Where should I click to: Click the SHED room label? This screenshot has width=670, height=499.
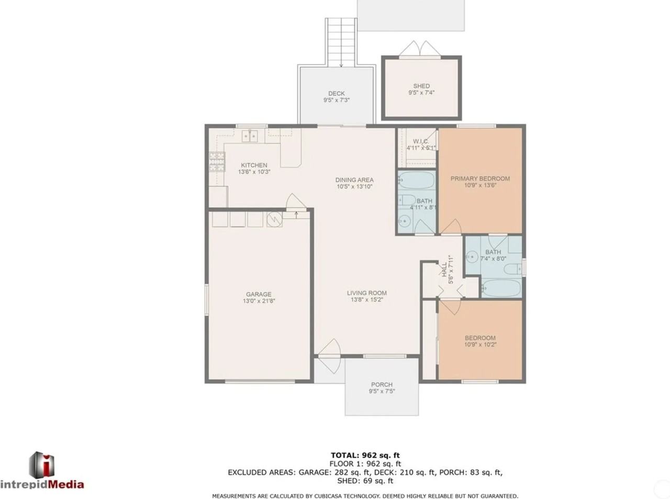click(421, 86)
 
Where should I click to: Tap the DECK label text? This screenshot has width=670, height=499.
click(336, 94)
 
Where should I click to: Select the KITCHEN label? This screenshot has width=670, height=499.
click(254, 165)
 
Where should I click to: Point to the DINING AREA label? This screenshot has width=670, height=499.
click(354, 180)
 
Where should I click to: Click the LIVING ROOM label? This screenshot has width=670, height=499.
click(367, 293)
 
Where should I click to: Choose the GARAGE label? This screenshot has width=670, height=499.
click(259, 294)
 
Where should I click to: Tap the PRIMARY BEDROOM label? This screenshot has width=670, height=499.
click(481, 179)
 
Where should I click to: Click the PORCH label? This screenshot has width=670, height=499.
click(382, 384)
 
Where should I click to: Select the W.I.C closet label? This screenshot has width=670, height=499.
click(420, 141)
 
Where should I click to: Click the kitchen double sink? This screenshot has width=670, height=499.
click(250, 136)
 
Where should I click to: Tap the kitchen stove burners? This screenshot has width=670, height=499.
click(217, 162)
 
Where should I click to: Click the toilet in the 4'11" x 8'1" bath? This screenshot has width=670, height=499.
click(407, 200)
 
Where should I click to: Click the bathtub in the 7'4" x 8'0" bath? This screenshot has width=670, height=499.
click(501, 288)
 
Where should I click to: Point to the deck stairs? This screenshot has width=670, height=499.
click(341, 42)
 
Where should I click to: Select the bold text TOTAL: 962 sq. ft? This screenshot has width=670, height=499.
click(365, 455)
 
